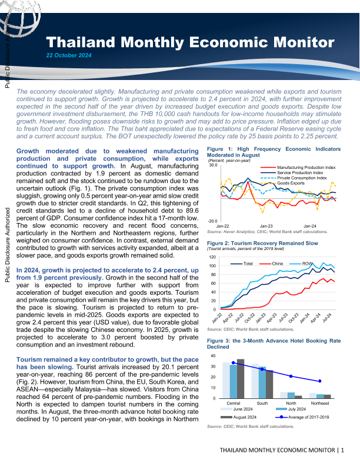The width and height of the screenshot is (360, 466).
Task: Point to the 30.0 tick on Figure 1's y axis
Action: pos(214,165)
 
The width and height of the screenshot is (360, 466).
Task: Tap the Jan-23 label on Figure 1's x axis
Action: pos(266,226)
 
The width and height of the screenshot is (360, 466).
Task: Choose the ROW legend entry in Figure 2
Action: pos(306,262)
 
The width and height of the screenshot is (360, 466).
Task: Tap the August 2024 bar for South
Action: pos(269,384)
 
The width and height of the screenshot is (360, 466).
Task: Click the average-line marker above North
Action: pos(291,376)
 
